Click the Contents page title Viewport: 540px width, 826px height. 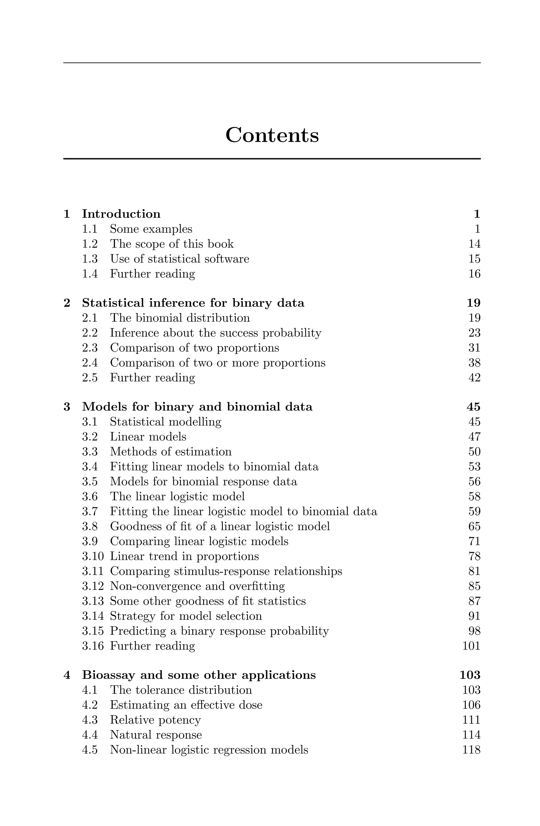coord(272,135)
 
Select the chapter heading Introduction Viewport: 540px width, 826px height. coord(121,214)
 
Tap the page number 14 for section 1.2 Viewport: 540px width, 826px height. coord(474,244)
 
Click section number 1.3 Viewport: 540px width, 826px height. coord(90,259)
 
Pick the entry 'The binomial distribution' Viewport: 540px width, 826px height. coord(180,318)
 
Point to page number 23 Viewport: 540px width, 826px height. coord(474,333)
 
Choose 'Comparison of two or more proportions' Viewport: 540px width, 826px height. coord(218,363)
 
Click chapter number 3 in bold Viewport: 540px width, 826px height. coord(67,407)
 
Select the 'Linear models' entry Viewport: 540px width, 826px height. coord(148,436)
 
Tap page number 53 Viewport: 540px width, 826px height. coord(474,467)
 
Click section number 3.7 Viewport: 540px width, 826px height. coord(90,512)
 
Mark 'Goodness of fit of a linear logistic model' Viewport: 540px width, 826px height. coord(220,526)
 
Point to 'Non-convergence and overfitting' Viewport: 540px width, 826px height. coord(197,586)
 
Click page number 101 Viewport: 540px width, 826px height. coord(471,646)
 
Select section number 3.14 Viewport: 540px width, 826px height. coord(93,616)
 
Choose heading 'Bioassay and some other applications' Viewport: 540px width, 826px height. coord(199,675)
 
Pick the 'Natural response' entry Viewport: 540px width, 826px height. coord(156,735)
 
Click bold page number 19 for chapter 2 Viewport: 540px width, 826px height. coord(473,303)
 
